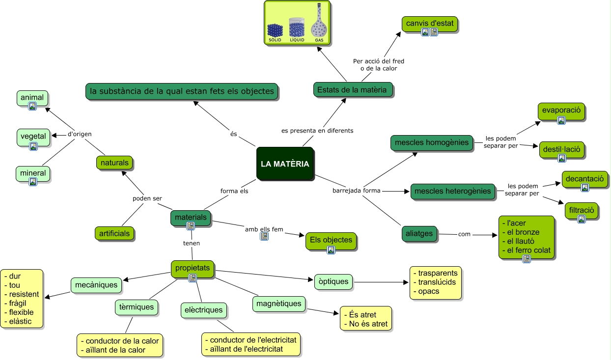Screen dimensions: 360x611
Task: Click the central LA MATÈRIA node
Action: point(285,164)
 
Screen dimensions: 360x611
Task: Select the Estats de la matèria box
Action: point(353,89)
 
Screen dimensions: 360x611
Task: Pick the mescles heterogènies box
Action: point(452,191)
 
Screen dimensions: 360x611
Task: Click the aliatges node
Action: point(419,234)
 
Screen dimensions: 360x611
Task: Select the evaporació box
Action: point(561,111)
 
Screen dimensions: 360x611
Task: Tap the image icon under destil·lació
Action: point(561,158)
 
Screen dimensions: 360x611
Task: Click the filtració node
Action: point(582,210)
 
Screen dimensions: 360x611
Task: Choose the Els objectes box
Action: point(331,240)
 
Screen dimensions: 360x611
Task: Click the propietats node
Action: point(192,268)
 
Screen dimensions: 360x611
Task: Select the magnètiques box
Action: point(279,304)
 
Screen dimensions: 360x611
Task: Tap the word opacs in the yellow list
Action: point(428,291)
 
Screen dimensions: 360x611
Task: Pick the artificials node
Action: point(114,233)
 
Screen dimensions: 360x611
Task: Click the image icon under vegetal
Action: point(33,146)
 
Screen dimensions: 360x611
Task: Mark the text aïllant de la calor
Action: point(116,350)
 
